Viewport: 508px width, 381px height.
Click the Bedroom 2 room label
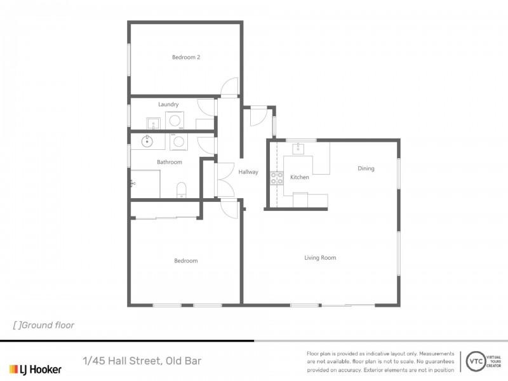click(x=186, y=57)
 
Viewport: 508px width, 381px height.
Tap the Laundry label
click(x=168, y=104)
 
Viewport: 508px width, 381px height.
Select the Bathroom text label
click(x=170, y=162)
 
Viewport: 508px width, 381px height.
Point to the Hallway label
click(x=248, y=171)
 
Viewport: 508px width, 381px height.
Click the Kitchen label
click(x=300, y=177)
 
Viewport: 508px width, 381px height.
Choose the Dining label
click(x=366, y=168)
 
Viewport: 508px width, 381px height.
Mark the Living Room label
click(x=320, y=257)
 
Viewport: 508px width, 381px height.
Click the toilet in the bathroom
click(x=181, y=189)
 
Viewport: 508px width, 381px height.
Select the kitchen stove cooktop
click(x=277, y=178)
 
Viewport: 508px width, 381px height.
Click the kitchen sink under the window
click(x=299, y=149)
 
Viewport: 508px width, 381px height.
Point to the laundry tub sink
click(x=153, y=122)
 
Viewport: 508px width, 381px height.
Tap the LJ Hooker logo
click(x=35, y=369)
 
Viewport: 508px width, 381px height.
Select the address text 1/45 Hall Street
click(x=142, y=361)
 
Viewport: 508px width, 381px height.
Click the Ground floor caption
click(x=44, y=325)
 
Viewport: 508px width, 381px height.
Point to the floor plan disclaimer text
click(x=380, y=361)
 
